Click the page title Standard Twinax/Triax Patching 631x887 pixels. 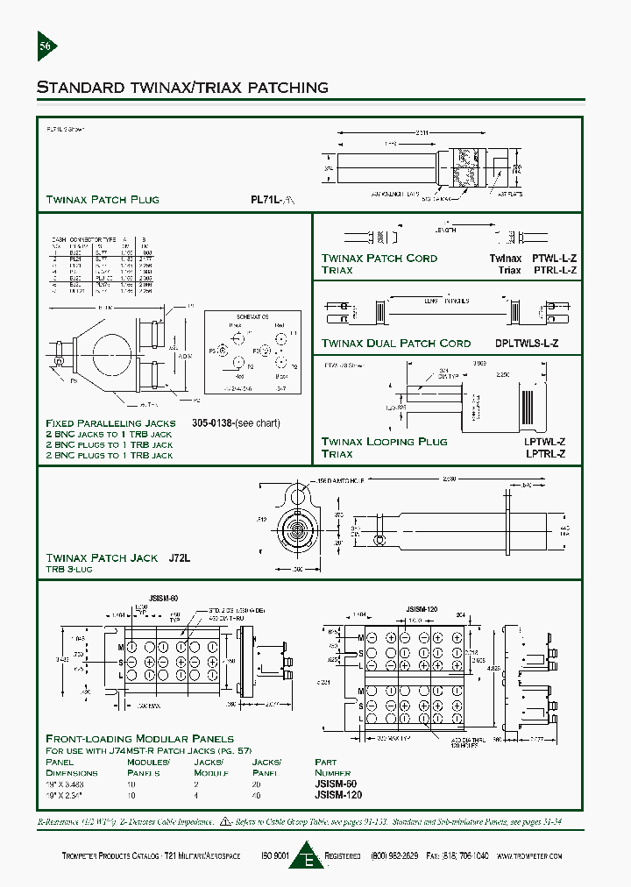(x=182, y=88)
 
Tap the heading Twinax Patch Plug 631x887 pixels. (x=103, y=200)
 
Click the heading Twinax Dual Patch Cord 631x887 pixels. (x=396, y=344)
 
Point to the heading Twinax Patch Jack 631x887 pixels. (x=102, y=557)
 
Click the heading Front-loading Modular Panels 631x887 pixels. (x=139, y=739)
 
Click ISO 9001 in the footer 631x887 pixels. (x=274, y=855)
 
